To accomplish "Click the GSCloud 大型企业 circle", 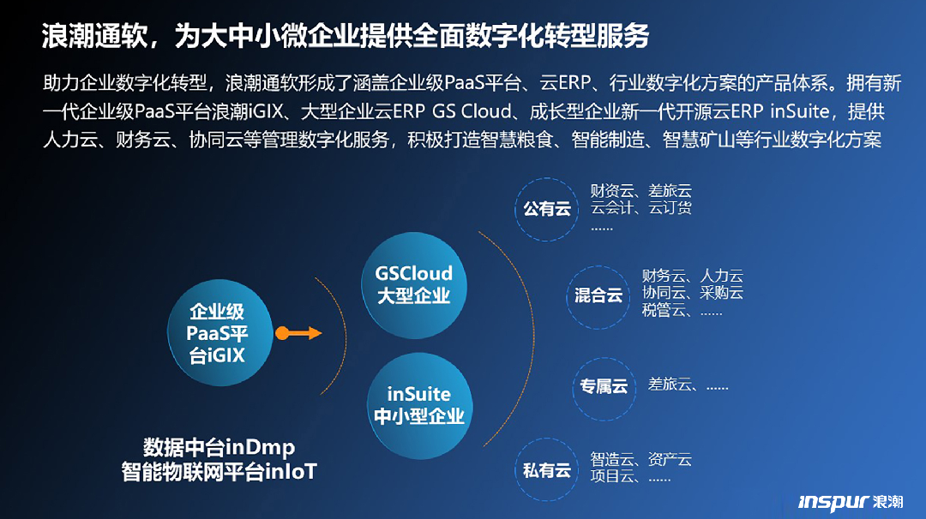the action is tap(413, 285).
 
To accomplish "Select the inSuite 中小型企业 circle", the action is tap(419, 406).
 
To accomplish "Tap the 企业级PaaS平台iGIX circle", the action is tap(219, 332).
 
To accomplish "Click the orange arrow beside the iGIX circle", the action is tap(298, 333).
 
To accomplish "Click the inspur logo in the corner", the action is tap(851, 502).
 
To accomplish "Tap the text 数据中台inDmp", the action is tap(219, 448).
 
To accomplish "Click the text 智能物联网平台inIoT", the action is tap(219, 472).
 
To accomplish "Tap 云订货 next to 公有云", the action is tap(670, 207).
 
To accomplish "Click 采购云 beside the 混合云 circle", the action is tap(721, 293).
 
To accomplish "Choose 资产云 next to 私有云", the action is tap(670, 459).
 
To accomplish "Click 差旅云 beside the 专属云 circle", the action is tap(670, 385).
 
